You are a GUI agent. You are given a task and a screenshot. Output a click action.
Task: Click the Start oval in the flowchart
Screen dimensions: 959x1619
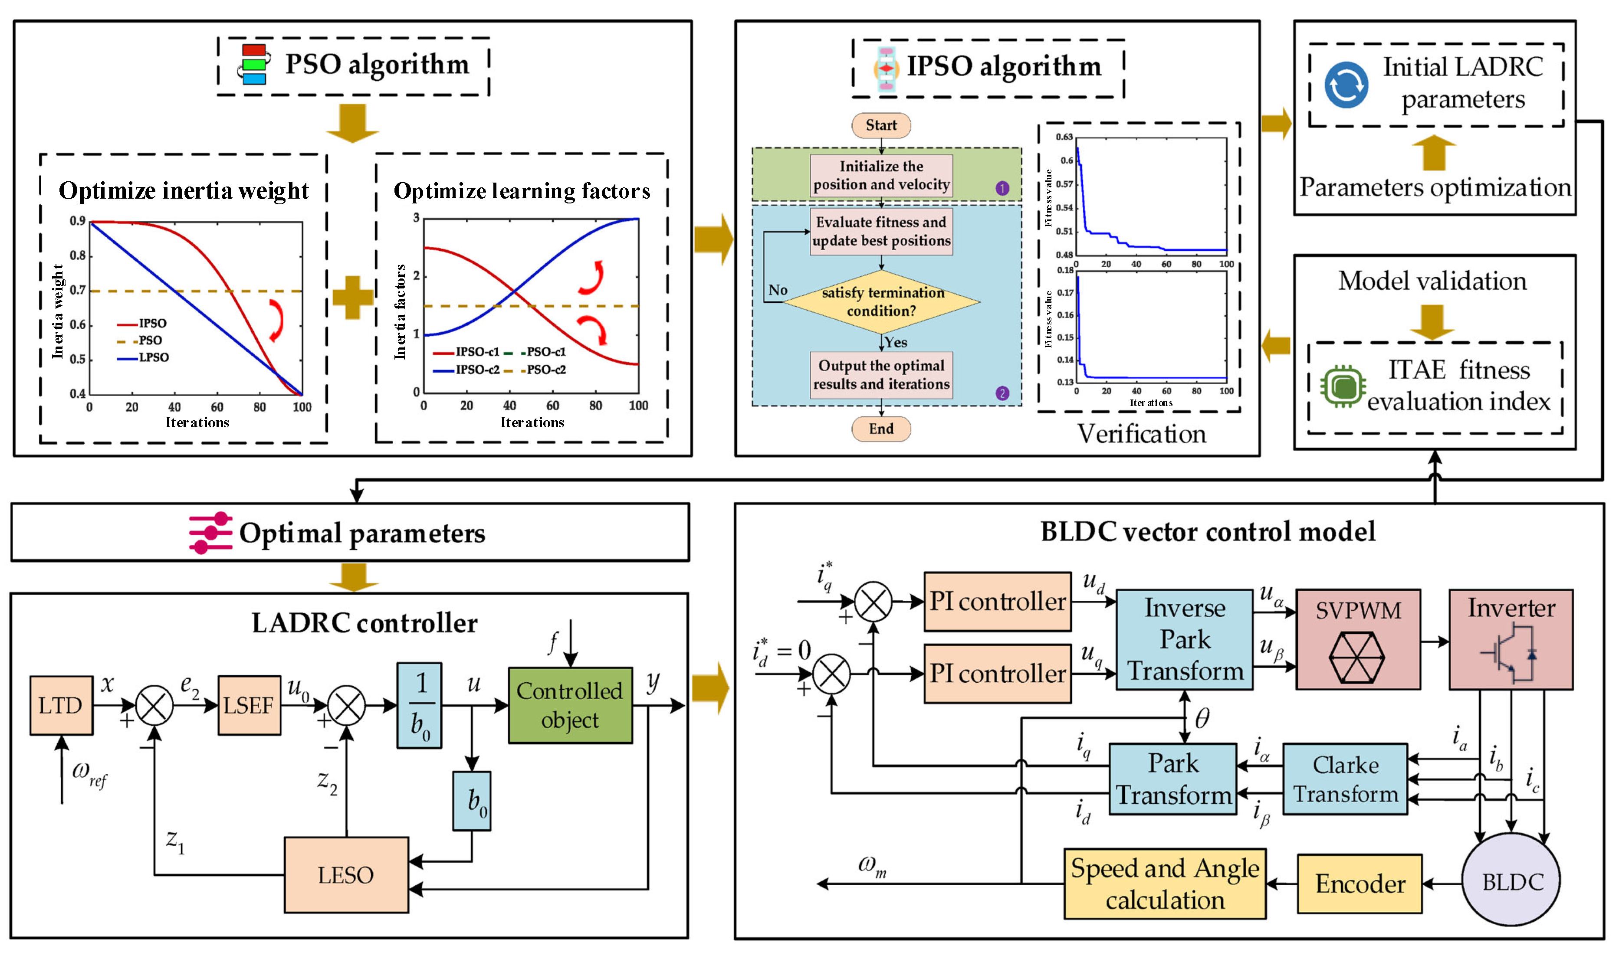pyautogui.click(x=881, y=125)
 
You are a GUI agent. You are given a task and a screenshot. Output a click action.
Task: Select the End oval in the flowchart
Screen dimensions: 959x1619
pyautogui.click(x=881, y=429)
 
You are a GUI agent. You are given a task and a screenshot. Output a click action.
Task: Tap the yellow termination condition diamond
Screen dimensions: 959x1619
pyautogui.click(x=882, y=302)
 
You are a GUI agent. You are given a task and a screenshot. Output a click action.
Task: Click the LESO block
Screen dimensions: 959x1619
pyautogui.click(x=346, y=875)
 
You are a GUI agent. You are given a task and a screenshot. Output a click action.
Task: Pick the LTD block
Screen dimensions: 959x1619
pyautogui.click(x=61, y=705)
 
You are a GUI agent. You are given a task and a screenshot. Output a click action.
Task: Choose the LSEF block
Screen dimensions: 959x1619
pyautogui.click(x=249, y=705)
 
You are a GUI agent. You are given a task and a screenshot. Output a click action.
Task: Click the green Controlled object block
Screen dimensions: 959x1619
pyautogui.click(x=569, y=705)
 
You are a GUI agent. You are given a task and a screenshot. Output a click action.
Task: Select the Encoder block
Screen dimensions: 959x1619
pyautogui.click(x=1359, y=884)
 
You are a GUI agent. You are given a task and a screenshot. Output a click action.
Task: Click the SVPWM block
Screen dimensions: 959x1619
pyautogui.click(x=1358, y=639)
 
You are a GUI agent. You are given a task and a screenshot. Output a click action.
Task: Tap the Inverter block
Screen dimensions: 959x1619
pyautogui.click(x=1511, y=639)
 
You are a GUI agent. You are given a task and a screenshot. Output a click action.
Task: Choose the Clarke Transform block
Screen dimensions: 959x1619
pyautogui.click(x=1345, y=779)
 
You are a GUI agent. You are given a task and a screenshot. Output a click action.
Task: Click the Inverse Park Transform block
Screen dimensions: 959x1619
pyautogui.click(x=1184, y=639)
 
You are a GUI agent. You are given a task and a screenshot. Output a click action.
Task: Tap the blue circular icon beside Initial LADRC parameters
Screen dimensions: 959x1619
pyautogui.click(x=1346, y=85)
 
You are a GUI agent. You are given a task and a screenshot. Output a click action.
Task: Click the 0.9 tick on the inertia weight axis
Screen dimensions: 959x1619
pyautogui.click(x=78, y=221)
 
